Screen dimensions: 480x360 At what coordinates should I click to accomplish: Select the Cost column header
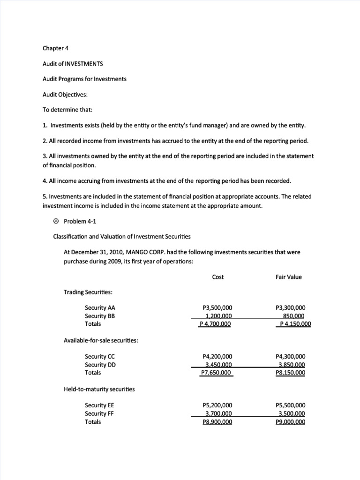point(218,277)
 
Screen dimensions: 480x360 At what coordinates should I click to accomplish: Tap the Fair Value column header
point(289,277)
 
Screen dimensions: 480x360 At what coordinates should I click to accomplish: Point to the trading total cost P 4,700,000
point(216,324)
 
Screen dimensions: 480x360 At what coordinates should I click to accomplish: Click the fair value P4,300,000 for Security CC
point(291,357)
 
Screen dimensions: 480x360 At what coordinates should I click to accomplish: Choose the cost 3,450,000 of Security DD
point(219,365)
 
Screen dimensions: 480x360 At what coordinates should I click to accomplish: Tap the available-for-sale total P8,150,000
point(291,373)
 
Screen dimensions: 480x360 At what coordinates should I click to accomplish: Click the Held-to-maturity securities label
point(99,389)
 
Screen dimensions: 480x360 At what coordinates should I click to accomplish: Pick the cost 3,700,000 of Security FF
point(219,413)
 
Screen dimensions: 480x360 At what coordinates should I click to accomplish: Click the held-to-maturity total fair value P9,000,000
point(291,421)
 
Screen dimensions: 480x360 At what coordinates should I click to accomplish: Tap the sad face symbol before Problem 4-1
point(56,221)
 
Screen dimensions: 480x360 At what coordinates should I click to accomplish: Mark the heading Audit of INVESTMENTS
point(69,63)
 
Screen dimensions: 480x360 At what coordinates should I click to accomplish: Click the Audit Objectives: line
point(65,94)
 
